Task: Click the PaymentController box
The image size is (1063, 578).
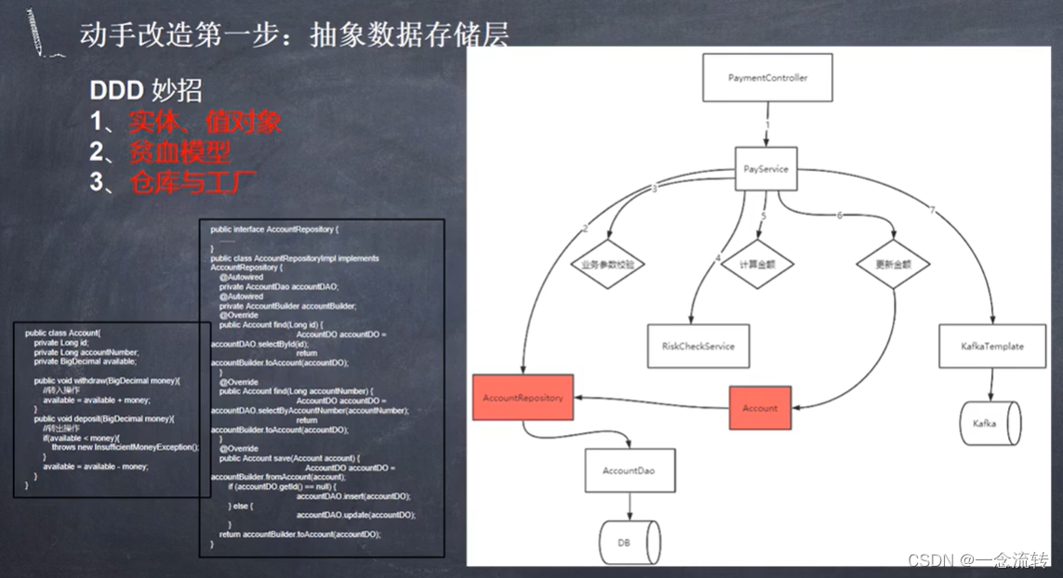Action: coord(767,78)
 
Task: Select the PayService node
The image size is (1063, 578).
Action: coord(767,169)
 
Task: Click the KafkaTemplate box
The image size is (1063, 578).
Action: coord(991,347)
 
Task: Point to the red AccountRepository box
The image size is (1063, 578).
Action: coord(523,398)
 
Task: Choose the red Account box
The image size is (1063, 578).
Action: coord(759,408)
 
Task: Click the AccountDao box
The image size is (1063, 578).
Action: coord(629,471)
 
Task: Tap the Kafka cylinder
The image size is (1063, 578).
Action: coord(990,423)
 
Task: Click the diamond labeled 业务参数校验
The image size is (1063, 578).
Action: coord(608,264)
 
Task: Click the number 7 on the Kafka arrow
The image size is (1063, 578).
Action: coord(932,210)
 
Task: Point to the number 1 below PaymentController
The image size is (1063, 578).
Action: coord(767,124)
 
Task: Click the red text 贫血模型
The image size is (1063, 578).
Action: coord(180,151)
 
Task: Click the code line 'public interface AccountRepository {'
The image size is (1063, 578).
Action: coord(275,229)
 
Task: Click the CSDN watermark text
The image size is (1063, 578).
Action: coord(977,560)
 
